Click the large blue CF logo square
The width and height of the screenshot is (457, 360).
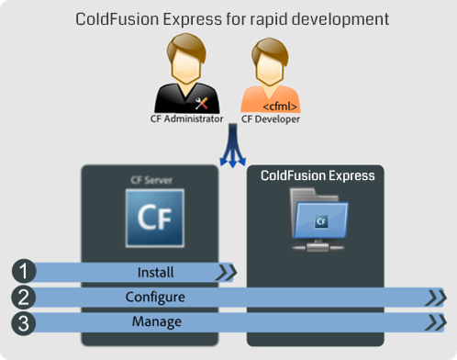tap(154, 219)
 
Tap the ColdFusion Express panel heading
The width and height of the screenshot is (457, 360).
tap(318, 174)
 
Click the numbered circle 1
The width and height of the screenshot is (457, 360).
tap(24, 272)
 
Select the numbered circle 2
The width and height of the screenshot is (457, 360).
tap(24, 297)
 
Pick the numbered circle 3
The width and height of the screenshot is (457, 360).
tap(24, 322)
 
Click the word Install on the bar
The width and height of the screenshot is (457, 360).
tap(155, 272)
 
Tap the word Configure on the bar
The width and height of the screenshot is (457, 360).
tap(155, 298)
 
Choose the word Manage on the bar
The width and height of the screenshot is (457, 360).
tap(155, 322)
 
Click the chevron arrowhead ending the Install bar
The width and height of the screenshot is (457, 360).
tap(226, 272)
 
